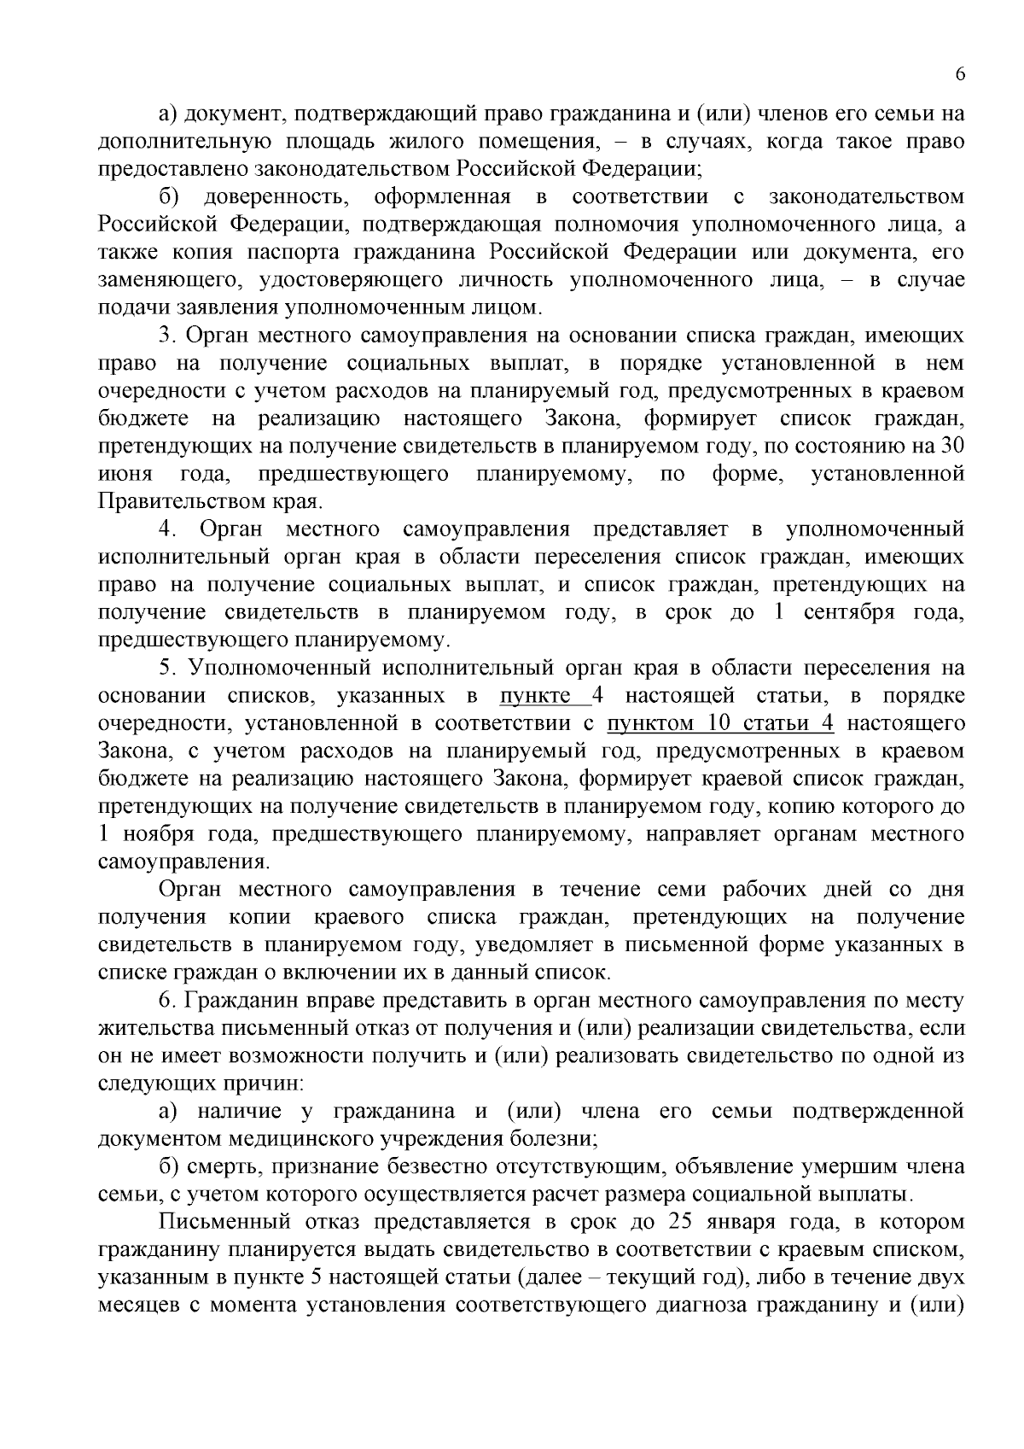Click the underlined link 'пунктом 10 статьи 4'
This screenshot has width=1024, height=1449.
[720, 724]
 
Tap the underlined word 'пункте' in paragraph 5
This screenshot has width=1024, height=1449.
[535, 696]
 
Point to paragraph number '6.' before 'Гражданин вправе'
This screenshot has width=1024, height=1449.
[166, 1001]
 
